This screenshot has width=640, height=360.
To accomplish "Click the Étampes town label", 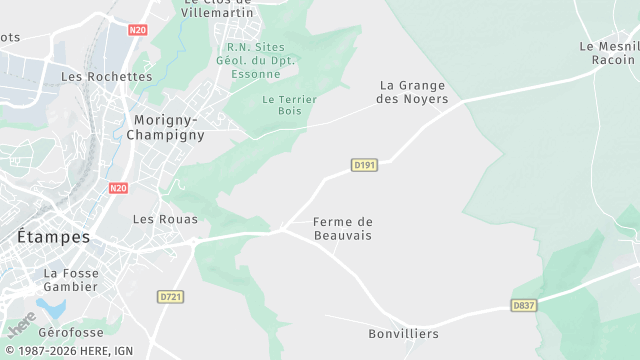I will click(54, 238).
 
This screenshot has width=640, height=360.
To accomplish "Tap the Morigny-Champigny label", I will click(168, 127).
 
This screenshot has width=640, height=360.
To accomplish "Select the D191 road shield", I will click(364, 165).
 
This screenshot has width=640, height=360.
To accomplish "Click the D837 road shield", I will click(524, 305).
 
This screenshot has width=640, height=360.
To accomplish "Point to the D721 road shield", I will click(171, 297).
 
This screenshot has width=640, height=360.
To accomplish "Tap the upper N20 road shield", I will click(138, 30).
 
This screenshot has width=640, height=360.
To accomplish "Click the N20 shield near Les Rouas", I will click(118, 188).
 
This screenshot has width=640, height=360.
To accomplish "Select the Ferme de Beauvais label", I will click(342, 228).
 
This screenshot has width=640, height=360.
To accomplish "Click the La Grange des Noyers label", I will click(413, 92).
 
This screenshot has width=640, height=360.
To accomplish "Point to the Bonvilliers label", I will click(403, 333).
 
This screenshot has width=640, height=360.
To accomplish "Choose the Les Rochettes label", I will click(107, 76).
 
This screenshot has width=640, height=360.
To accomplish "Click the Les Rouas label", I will click(165, 219).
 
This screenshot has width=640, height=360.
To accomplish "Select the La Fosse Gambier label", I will click(70, 279).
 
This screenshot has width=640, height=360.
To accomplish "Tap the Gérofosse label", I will click(71, 331).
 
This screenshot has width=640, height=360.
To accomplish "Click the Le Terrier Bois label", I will click(289, 105).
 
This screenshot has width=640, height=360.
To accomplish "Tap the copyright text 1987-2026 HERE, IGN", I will click(68, 351).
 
